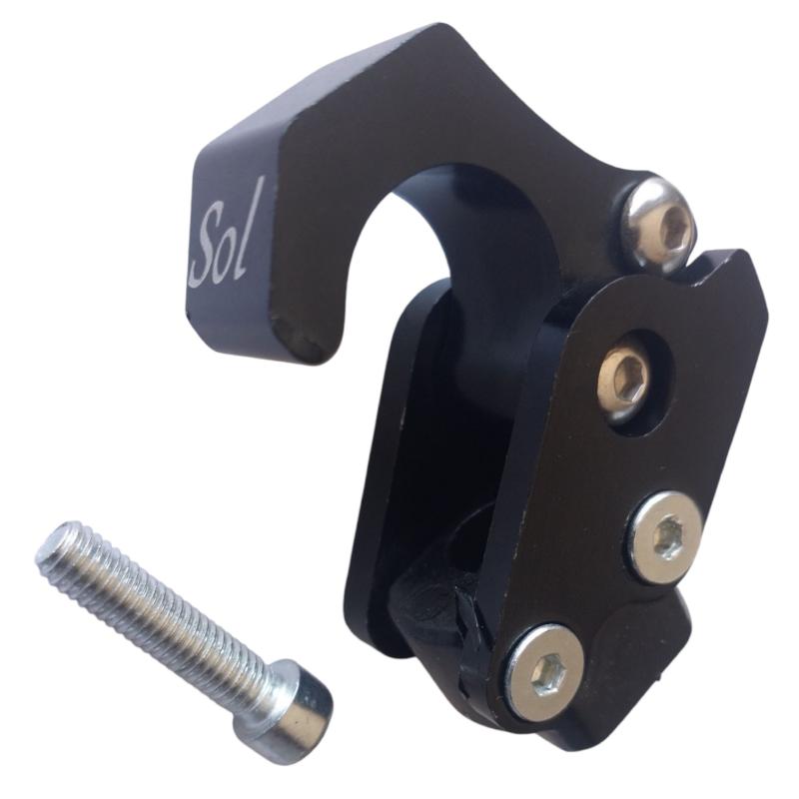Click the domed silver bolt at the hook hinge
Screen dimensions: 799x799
pos(659,221)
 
